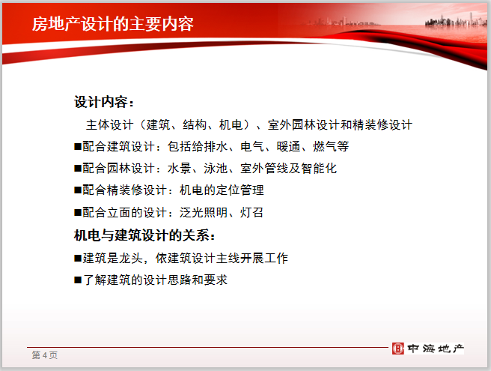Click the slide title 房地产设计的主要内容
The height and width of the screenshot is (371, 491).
pos(113,24)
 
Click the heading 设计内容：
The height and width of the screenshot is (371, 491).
pos(105,102)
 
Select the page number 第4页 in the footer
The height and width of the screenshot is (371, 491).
pos(44,355)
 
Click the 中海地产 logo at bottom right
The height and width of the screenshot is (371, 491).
pos(429,349)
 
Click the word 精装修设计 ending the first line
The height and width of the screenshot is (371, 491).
pos(383,124)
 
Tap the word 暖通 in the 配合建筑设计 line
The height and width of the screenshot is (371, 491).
pos(283,147)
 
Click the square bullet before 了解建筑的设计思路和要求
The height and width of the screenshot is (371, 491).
pos(78,280)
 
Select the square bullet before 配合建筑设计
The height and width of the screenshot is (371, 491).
pos(78,147)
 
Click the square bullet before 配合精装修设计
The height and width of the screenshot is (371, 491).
pos(78,191)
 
